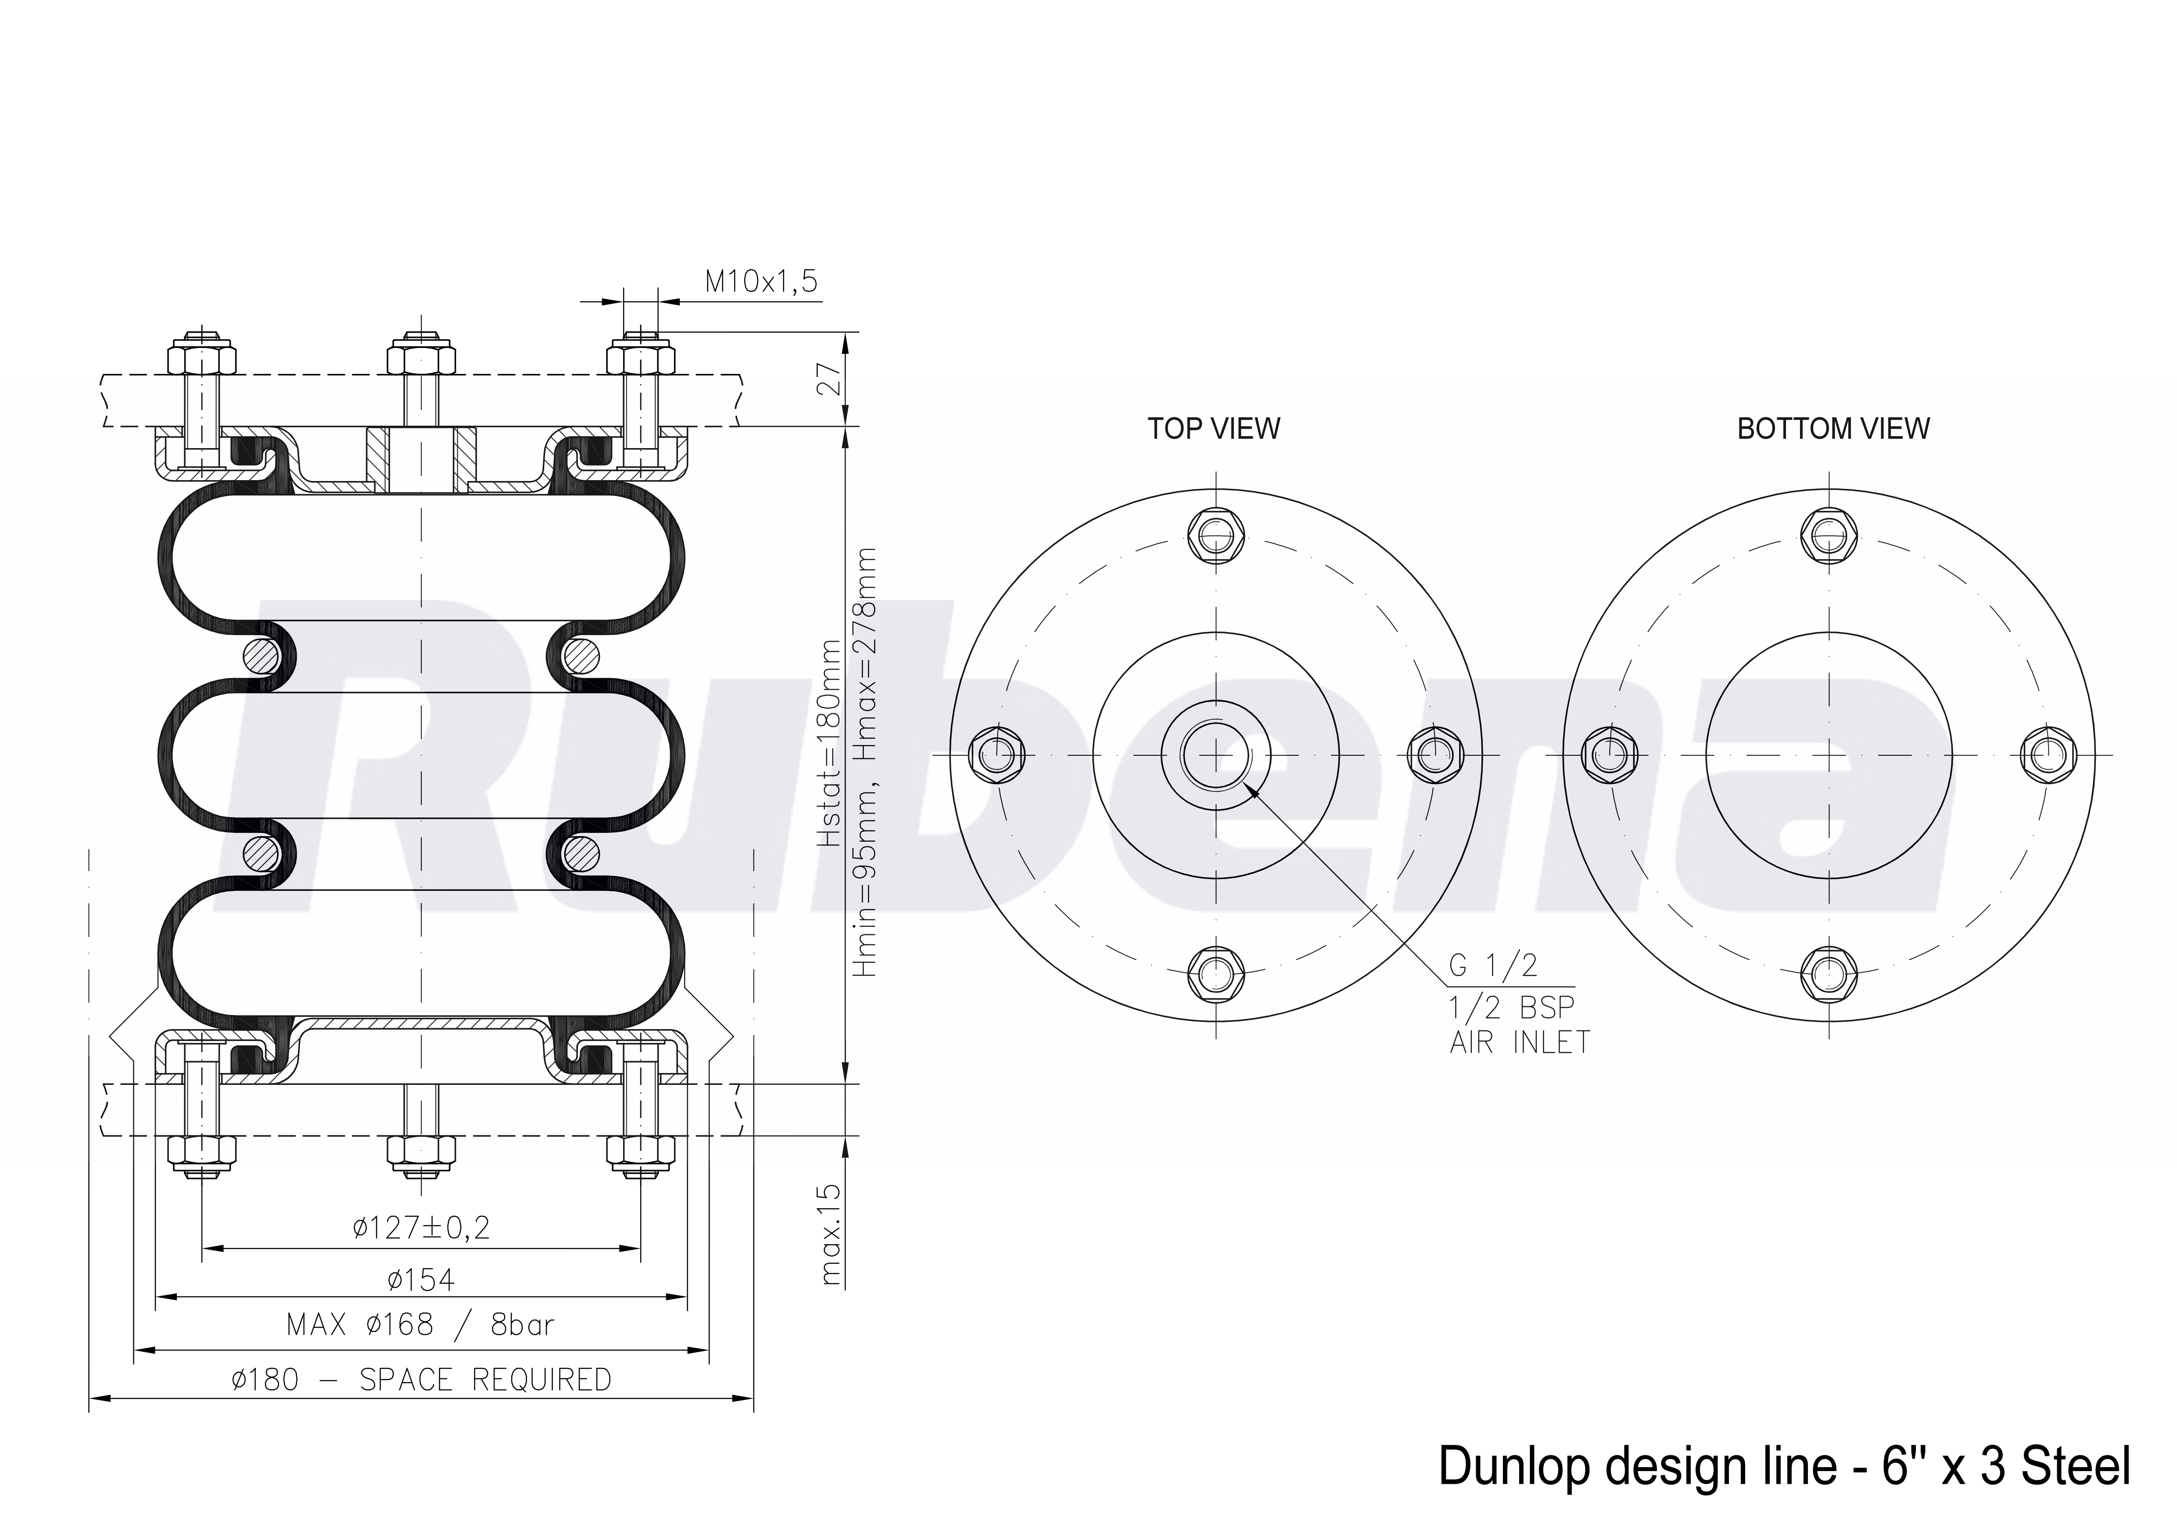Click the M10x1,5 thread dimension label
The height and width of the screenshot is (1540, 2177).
pos(760,282)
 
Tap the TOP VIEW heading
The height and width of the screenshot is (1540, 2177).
pos(1214,429)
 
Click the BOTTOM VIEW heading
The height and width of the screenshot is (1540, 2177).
pos(1833,429)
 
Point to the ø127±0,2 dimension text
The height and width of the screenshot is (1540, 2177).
pos(421,1228)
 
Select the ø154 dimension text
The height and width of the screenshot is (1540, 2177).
pos(421,1280)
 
